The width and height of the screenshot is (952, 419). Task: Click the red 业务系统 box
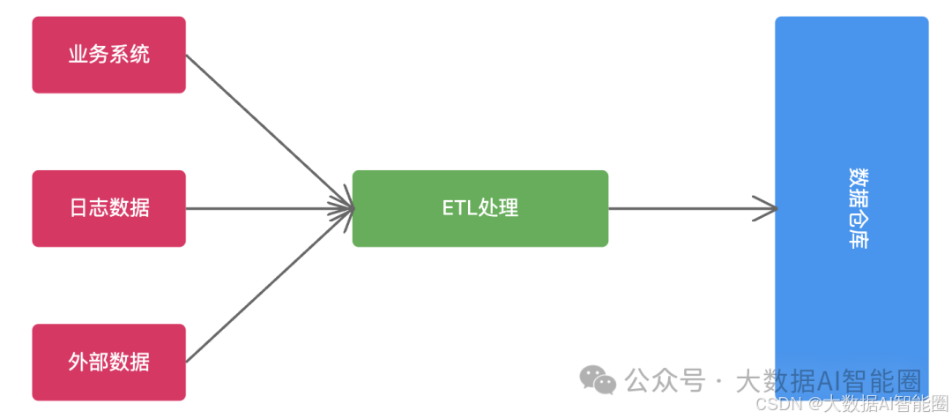(x=108, y=55)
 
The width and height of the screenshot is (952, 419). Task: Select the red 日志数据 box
(x=108, y=208)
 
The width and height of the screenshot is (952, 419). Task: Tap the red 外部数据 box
(x=108, y=362)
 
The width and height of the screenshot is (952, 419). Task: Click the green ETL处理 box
(x=480, y=208)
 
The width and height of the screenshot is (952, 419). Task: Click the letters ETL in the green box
(x=458, y=209)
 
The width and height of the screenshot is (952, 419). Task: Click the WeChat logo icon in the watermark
(x=598, y=380)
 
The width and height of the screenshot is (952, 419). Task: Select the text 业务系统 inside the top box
(x=108, y=55)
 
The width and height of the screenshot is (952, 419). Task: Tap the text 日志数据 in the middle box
(x=108, y=208)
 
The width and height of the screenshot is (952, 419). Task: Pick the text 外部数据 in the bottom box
(x=108, y=362)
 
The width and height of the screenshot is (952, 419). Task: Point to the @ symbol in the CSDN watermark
(x=814, y=404)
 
